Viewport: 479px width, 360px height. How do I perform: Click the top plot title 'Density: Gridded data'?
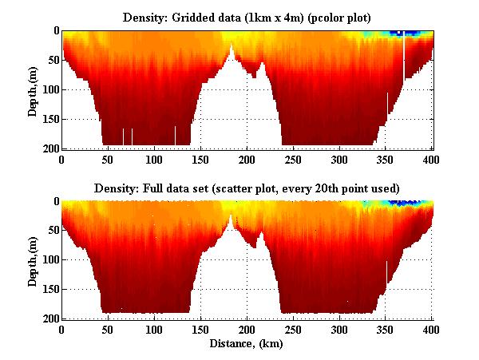point(247,17)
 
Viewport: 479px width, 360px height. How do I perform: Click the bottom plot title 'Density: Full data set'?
point(247,188)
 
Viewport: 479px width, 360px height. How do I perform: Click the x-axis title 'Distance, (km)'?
point(247,344)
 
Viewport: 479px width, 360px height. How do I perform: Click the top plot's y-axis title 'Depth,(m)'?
point(33,89)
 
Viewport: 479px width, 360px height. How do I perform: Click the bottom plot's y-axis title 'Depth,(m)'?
point(33,260)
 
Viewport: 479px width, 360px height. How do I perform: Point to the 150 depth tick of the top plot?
point(49,119)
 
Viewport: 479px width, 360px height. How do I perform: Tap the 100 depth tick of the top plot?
point(49,89)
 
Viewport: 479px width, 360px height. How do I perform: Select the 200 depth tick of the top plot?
point(49,148)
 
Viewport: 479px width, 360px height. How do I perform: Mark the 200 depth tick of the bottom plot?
point(49,318)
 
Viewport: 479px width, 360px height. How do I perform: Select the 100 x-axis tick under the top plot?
point(154,158)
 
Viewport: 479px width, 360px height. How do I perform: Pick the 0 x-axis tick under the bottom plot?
point(61,329)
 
